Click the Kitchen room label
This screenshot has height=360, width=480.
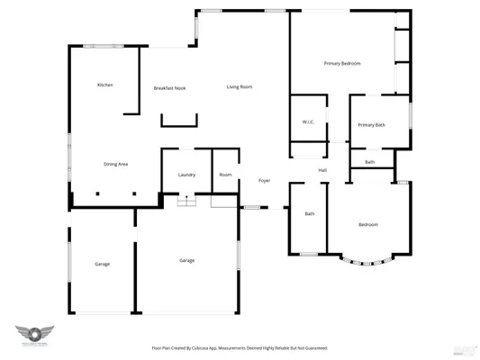point(105,85)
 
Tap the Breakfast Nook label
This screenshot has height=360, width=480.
point(169,88)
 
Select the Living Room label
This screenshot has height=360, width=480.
point(239,86)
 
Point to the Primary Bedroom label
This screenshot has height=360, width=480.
point(342,64)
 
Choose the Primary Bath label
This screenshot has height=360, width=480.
point(371,125)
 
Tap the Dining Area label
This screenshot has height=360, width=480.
point(116,164)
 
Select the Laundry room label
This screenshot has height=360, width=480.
point(186,175)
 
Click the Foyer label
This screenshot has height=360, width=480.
point(265,181)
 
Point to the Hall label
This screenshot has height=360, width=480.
point(322,170)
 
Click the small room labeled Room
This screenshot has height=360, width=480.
point(225,175)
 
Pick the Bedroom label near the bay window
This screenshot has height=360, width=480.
point(367,224)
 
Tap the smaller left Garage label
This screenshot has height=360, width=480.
point(102,264)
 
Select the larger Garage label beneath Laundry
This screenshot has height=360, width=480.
point(186,260)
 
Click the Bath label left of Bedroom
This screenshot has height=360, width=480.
point(309,214)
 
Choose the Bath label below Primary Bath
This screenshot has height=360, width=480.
point(370,162)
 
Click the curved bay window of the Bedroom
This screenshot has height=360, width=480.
point(367,261)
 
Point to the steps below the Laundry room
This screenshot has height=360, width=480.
point(186,202)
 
